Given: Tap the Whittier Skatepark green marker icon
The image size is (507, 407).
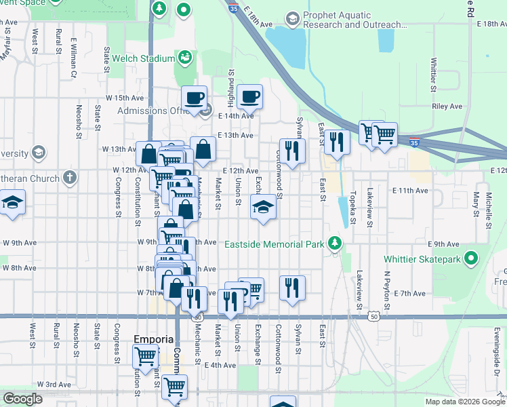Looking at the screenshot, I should coord(472,259).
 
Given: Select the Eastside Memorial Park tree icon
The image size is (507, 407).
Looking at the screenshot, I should coord(333,243).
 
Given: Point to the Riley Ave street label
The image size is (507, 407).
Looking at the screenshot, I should coord(447,106).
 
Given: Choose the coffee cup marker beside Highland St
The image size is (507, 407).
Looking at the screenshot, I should coord(250,96).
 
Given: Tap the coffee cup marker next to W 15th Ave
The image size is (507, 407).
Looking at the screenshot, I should coord(195,98).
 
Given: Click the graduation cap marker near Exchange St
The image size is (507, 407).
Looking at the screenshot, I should coord(263,207).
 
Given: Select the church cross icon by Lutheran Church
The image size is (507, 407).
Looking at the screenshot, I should coord(69,178).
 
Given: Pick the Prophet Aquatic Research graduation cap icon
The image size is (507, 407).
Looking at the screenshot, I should coord(293,18).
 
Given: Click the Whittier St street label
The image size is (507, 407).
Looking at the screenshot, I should coord(433,75).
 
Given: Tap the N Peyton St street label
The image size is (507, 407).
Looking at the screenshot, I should coord(386,292).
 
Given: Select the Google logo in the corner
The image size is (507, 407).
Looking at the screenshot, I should coord(22,399).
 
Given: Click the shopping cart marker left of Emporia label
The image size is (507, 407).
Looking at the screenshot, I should coord(145,355).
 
